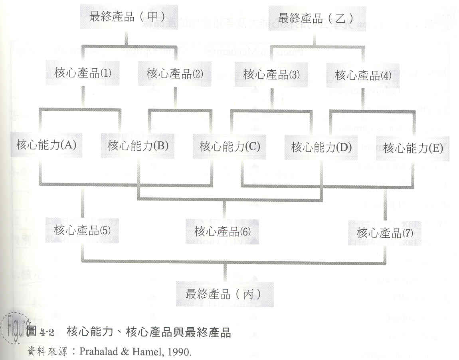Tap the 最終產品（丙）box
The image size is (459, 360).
[225, 294]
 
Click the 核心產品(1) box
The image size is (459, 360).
[83, 73]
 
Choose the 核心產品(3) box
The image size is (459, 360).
[271, 74]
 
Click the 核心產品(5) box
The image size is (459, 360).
[83, 230]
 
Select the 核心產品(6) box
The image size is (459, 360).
[222, 231]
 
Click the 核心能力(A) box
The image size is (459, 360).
[46, 145]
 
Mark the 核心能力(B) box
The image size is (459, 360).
[138, 145]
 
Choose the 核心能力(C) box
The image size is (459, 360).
[230, 146]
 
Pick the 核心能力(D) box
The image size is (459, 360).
[322, 147]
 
